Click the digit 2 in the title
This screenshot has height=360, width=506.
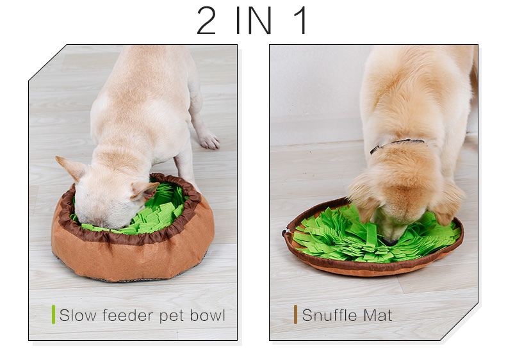pos(206,20)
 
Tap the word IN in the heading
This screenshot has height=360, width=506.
pos(254,20)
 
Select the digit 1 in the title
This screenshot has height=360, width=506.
pos(300,20)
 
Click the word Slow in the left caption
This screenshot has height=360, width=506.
pos(78,315)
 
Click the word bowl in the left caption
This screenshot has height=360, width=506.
pos(207,315)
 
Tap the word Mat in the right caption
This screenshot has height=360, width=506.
pos(377,315)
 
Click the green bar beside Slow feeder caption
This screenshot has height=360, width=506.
pos(54,315)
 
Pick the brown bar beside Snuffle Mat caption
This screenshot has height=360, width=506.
pos(295,315)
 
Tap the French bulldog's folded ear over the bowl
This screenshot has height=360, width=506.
pos(144,190)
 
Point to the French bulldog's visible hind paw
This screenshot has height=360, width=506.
pos(209,141)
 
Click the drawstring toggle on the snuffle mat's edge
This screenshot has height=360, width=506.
pos(284,233)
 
